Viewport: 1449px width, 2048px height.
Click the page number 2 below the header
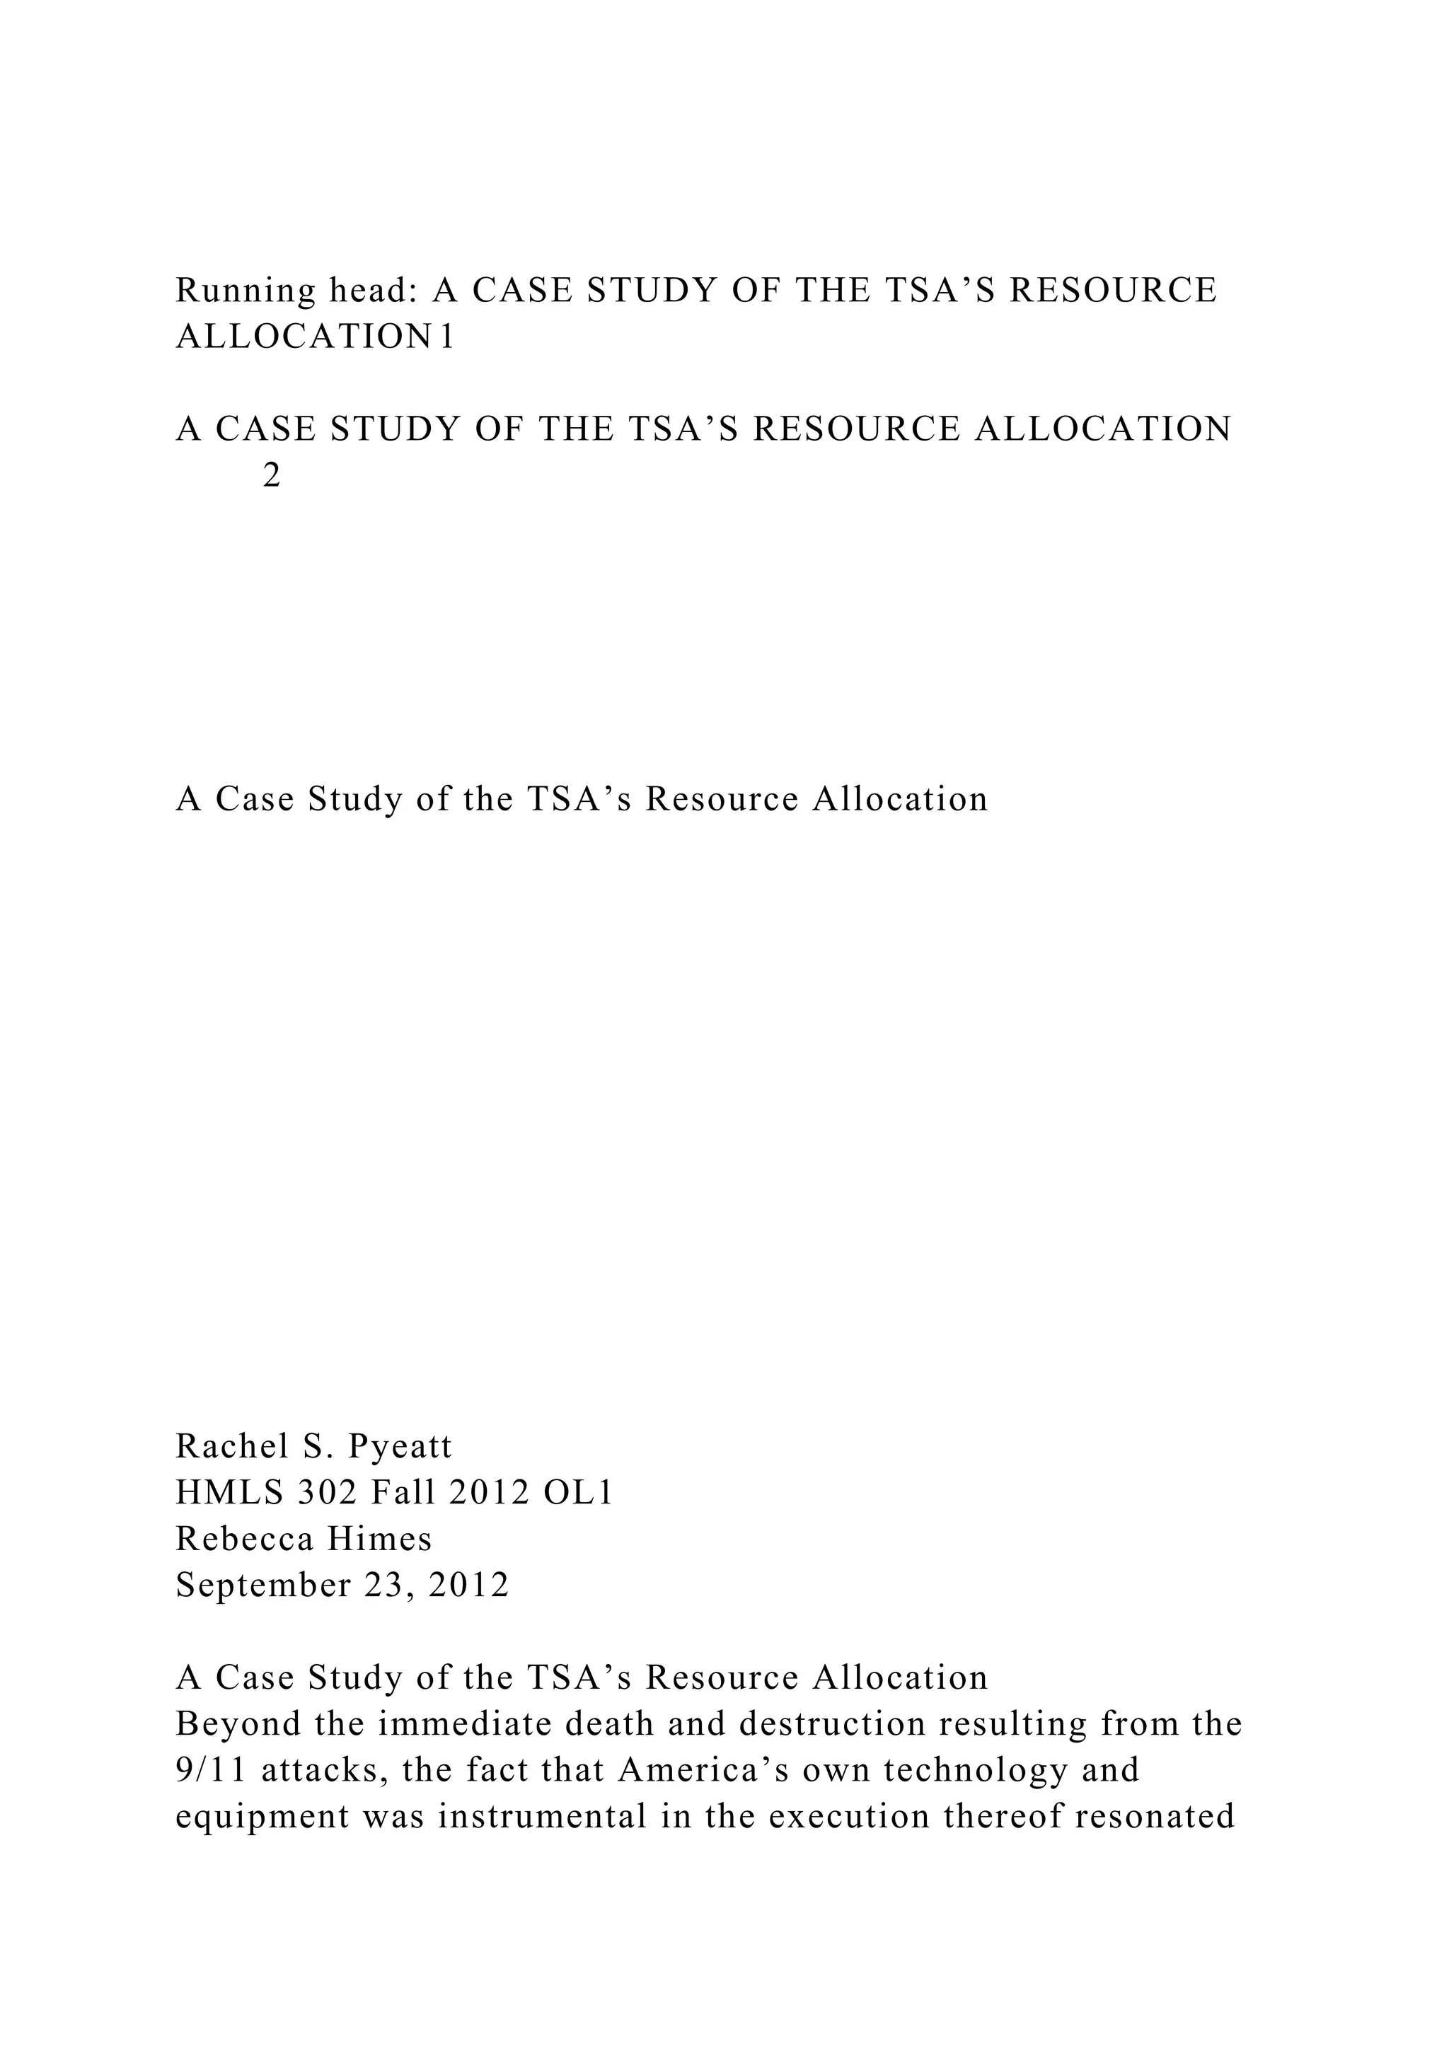pyautogui.click(x=272, y=477)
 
